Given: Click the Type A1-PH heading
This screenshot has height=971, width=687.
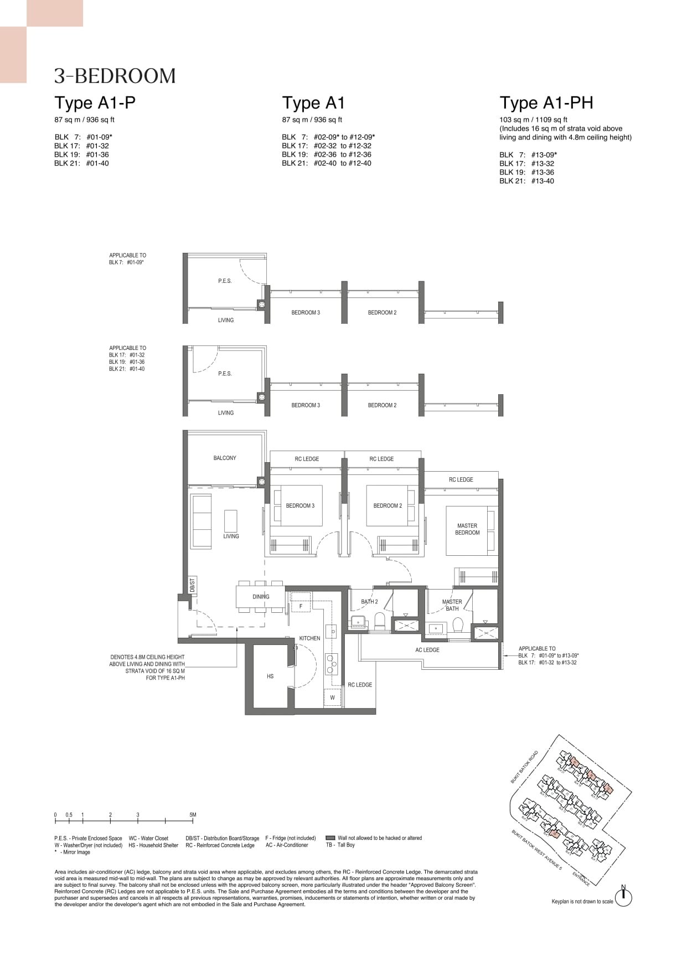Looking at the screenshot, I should [x=546, y=103].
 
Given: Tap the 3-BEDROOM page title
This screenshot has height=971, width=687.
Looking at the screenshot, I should [x=115, y=76].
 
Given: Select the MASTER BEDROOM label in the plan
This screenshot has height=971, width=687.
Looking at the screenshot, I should [x=467, y=529].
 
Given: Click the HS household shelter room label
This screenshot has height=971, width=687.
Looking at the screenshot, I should [x=270, y=676].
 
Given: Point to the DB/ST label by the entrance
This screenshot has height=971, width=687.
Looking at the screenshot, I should [x=192, y=585].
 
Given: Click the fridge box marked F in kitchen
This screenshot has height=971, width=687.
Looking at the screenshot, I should [x=301, y=606].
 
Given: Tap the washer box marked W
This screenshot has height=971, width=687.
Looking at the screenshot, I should [x=332, y=698].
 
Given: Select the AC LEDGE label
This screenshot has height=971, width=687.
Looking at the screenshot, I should [x=427, y=650].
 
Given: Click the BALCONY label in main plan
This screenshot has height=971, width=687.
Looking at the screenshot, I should [x=225, y=458].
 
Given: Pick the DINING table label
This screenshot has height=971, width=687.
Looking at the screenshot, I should [x=261, y=597].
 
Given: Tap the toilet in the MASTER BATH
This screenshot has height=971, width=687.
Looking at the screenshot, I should [x=457, y=625].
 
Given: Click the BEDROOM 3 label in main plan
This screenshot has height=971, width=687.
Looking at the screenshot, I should [x=300, y=505].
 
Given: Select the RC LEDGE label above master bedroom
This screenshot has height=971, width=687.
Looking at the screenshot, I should [x=461, y=479].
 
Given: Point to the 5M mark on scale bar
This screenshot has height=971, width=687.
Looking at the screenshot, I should [x=193, y=815].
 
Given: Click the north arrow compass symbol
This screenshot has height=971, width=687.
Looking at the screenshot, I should [x=623, y=897].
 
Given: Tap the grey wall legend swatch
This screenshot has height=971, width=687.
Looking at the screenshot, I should [x=330, y=838].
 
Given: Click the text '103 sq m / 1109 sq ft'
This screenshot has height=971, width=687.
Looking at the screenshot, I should [x=533, y=120].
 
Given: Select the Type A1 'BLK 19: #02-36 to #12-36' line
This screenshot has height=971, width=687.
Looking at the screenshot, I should [x=326, y=154].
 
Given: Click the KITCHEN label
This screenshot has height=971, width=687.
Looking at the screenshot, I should [x=309, y=638].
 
